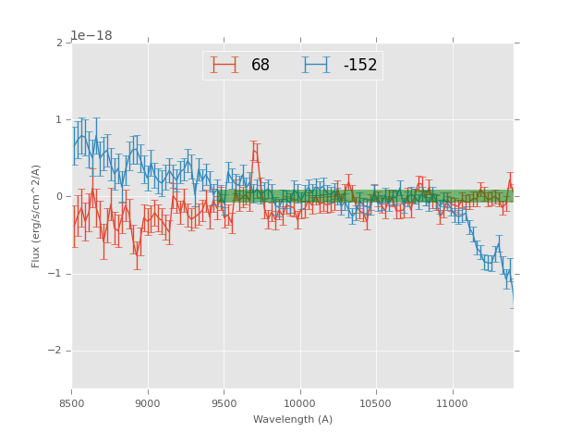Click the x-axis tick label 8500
point(72,403)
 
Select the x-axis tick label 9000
point(148,403)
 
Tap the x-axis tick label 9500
point(224,403)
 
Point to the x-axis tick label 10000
point(300,403)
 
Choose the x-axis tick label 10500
point(376,403)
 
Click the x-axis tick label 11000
point(452,403)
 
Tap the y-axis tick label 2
point(60,43)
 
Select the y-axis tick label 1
point(60,120)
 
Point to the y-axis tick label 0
point(60,197)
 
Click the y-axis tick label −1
point(56,274)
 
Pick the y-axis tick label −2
point(56,351)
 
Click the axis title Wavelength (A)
point(293,419)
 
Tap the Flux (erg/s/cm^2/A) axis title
point(37,215)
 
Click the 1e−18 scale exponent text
point(91,36)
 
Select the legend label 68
point(261,66)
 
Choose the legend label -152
point(360,66)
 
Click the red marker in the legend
point(224,65)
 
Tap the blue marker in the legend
point(316,65)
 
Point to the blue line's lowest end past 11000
point(512,298)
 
